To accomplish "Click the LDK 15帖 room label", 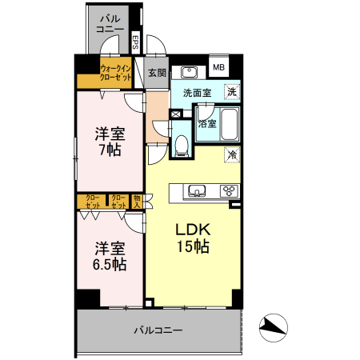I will (x=192, y=238).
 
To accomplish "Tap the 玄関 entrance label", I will (x=157, y=73).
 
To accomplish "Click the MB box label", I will (x=219, y=66).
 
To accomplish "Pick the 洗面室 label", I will (x=197, y=93).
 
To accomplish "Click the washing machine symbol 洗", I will (x=231, y=92).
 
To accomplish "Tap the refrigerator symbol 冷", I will (x=231, y=153).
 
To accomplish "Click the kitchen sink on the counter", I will (x=196, y=190).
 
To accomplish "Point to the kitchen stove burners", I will (x=228, y=190).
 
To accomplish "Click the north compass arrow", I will (x=274, y=326).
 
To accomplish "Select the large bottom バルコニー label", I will (x=158, y=330).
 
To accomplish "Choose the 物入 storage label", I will (x=138, y=201).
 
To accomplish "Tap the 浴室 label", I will (x=206, y=124).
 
